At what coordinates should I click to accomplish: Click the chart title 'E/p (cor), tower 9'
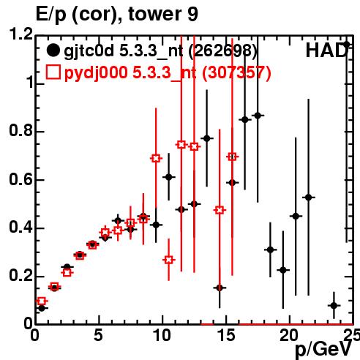117,15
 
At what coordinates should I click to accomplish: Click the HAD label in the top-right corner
326,50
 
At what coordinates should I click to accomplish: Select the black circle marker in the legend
53,50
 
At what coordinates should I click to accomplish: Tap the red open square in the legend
53,72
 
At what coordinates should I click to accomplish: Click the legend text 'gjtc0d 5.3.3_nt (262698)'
160,51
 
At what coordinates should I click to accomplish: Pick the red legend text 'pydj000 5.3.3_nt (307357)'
168,73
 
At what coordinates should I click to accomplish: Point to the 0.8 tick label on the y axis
21,130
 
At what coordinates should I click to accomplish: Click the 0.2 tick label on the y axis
21,275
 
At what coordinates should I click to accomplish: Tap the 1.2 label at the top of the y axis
21,34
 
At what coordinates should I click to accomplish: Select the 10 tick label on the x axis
162,335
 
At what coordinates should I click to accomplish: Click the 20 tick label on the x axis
289,335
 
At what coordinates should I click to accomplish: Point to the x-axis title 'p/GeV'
323,350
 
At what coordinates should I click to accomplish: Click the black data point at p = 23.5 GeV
334,305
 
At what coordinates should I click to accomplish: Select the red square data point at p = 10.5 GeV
168,260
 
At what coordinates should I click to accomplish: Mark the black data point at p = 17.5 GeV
258,116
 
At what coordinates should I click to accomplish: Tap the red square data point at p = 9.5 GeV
156,158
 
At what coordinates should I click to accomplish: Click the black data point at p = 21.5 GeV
309,197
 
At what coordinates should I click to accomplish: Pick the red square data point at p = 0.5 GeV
42,301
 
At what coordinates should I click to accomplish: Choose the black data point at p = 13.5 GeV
207,138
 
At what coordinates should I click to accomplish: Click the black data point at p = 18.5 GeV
270,250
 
